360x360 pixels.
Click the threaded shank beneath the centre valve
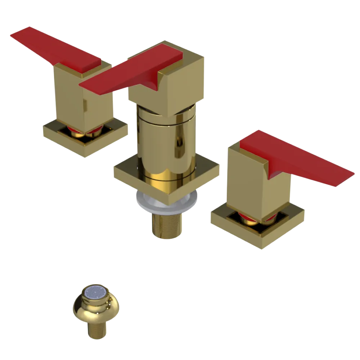[166, 225]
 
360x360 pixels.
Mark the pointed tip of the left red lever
[13, 34]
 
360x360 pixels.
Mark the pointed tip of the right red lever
[351, 175]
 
